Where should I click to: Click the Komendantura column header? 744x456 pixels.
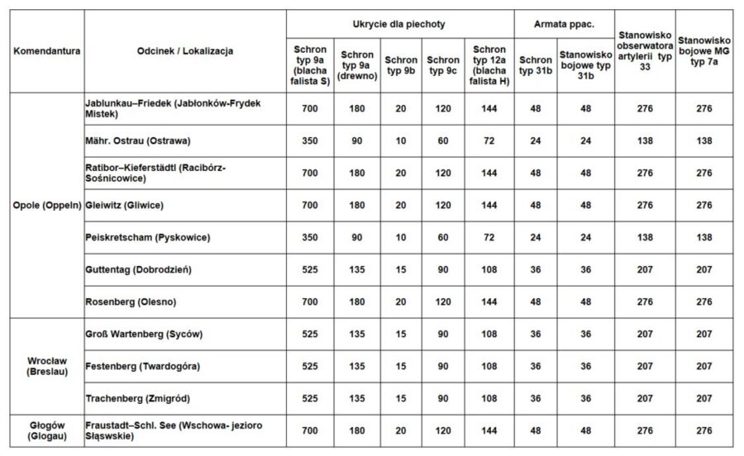46,50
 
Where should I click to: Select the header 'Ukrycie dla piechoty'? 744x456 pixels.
399,25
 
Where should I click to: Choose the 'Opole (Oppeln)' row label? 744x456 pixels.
46,204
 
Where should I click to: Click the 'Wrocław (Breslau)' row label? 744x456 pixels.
46,365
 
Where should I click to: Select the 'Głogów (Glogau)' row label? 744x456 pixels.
46,431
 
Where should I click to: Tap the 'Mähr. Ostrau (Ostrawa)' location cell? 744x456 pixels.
138,140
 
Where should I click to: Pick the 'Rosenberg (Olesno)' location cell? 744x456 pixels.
131,302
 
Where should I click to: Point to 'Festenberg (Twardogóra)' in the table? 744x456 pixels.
142,366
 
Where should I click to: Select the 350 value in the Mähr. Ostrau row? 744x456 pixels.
310,140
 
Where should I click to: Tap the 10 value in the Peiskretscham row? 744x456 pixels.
401,237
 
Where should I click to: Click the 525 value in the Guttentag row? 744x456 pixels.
310,269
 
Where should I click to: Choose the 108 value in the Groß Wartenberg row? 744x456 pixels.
489,335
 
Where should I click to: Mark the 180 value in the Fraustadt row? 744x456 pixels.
357,431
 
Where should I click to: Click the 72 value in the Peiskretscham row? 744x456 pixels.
489,237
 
